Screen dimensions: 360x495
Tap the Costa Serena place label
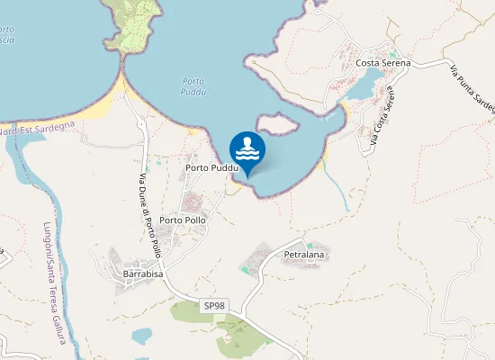382,63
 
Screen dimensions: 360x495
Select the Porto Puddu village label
211,168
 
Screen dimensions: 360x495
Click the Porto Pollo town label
183,220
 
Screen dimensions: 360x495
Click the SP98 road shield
214,306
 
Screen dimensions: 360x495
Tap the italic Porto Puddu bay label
193,86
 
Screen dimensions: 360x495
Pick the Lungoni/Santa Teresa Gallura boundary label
54,283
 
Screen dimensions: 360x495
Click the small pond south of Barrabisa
141,337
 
